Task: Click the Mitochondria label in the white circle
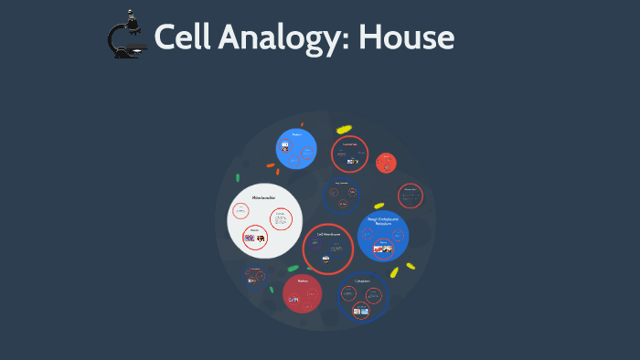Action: [264, 196]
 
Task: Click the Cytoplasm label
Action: [362, 281]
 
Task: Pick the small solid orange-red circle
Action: [386, 163]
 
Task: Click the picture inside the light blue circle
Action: [286, 146]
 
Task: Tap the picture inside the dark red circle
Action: [293, 300]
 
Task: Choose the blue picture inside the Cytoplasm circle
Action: [362, 312]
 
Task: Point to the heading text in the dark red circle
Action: [302, 281]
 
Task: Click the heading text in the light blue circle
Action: [295, 133]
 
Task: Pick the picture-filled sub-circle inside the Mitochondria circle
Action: [255, 238]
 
